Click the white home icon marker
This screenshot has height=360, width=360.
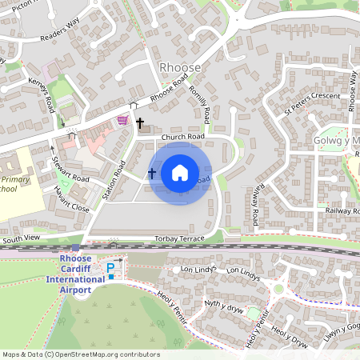180,173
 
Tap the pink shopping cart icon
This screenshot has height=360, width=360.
122,120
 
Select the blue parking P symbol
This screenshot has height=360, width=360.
110,266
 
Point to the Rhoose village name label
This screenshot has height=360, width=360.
180,68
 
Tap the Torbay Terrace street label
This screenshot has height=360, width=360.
186,239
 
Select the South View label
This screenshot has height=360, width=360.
22,239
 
